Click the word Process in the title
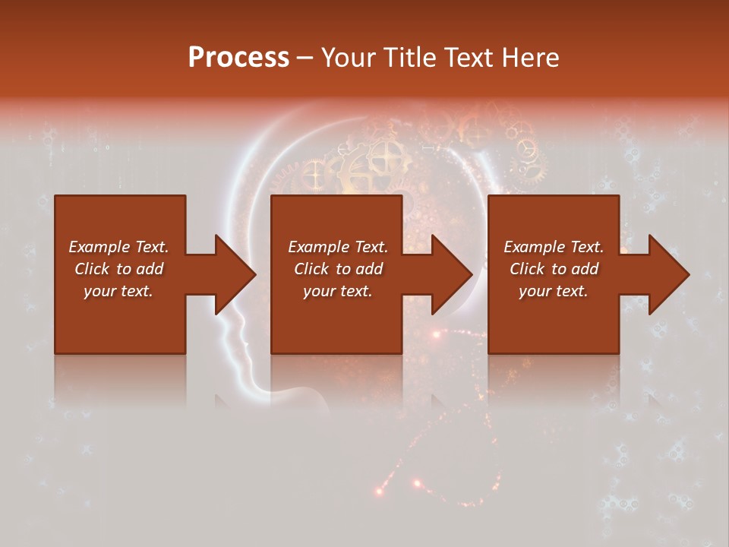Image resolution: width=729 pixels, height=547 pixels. [238, 58]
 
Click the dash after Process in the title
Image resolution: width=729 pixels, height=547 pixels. [305, 58]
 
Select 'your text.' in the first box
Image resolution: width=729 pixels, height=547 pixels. [118, 291]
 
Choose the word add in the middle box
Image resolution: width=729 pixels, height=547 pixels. [368, 269]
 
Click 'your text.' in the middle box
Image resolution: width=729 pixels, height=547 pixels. [337, 291]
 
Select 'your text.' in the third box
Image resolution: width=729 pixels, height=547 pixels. [553, 291]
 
